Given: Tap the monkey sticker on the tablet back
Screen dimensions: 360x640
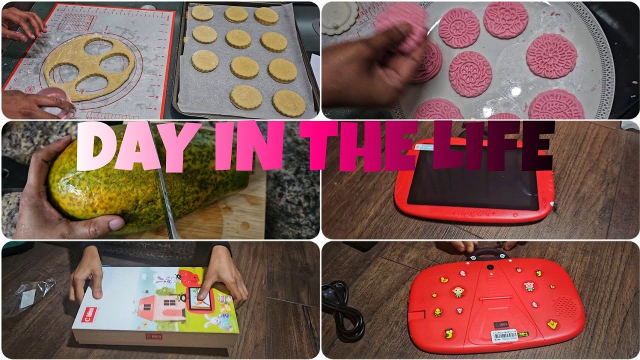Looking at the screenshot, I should tap(457, 291).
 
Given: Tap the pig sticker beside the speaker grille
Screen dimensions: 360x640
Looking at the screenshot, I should tap(529, 286).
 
